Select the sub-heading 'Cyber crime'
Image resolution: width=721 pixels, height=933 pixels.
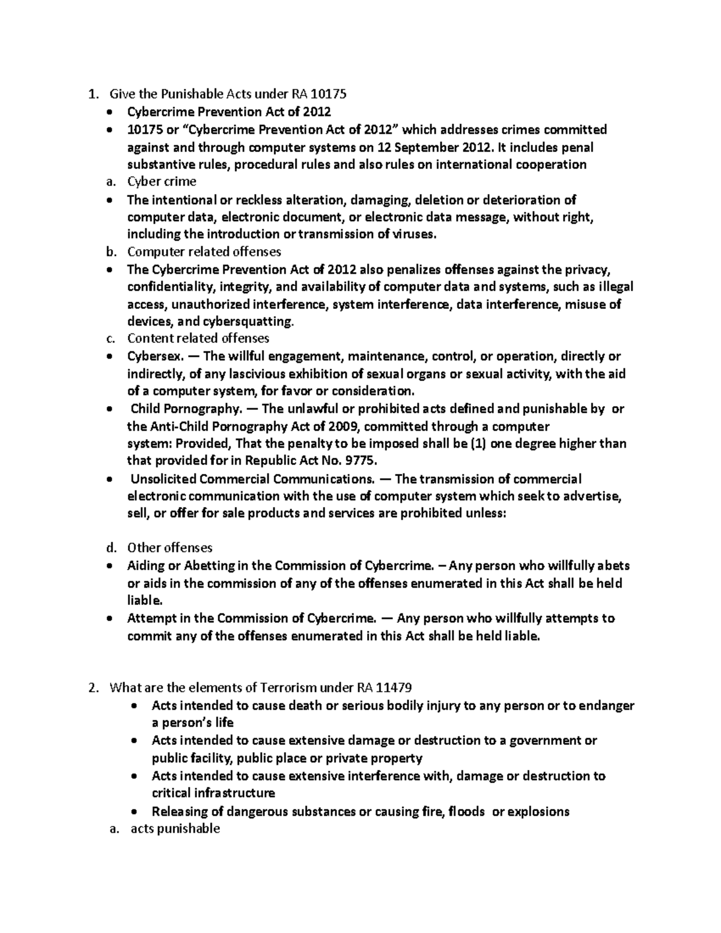162,181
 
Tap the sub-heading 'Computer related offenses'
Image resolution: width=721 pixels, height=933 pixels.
204,251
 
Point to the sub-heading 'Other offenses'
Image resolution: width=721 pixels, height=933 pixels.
169,547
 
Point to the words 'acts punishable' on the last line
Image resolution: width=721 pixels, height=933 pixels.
175,828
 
